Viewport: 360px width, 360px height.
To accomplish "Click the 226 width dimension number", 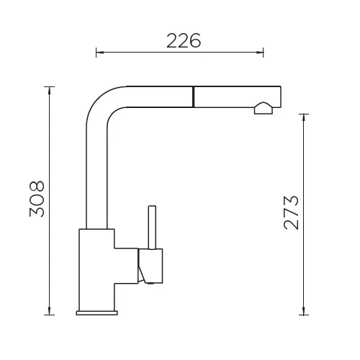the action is coord(184,40).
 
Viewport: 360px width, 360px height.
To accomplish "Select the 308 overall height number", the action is coord(37,199).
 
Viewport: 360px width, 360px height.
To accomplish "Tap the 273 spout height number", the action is coord(292,213).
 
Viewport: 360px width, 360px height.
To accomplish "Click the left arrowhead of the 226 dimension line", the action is coord(100,52).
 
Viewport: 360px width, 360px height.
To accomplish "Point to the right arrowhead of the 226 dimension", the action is coord(260,52).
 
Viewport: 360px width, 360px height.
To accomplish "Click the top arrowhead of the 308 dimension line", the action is coord(50,91).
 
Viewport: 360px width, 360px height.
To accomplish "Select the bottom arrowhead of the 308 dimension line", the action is coord(50,310).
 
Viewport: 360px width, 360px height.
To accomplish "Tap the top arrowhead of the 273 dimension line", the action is coord(304,118).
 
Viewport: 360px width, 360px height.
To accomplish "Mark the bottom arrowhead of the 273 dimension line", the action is coord(304,311).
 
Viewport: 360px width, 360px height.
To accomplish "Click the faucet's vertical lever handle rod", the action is coord(152,228).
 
